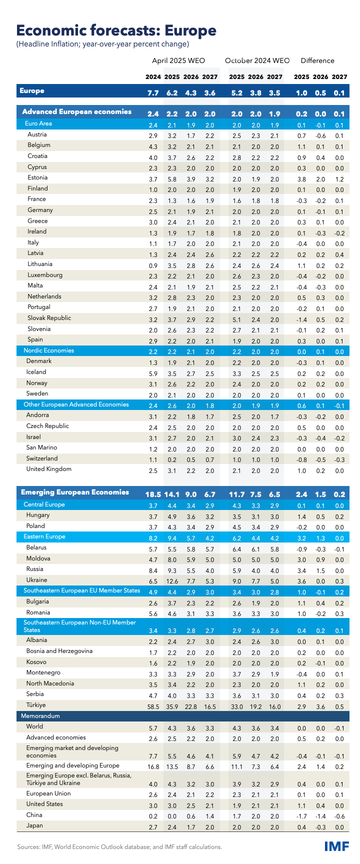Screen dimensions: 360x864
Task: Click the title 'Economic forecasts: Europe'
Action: (116, 30)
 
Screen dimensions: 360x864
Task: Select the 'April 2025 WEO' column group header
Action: (178, 60)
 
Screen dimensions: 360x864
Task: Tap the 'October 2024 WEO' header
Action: (257, 60)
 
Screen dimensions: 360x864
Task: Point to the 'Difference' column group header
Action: (317, 60)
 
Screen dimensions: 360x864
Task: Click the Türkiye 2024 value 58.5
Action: (152, 706)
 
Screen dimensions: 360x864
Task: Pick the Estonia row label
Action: (38, 177)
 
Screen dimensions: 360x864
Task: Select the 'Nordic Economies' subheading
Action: (49, 350)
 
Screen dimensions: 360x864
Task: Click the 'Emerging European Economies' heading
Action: (75, 492)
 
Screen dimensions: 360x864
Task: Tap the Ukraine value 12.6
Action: (172, 580)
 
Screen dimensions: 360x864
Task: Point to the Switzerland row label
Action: (42, 458)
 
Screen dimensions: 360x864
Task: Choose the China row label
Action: (34, 815)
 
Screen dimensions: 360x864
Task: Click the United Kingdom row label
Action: (49, 469)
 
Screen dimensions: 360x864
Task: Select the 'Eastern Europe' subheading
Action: (44, 536)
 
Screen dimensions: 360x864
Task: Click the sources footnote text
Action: (119, 847)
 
